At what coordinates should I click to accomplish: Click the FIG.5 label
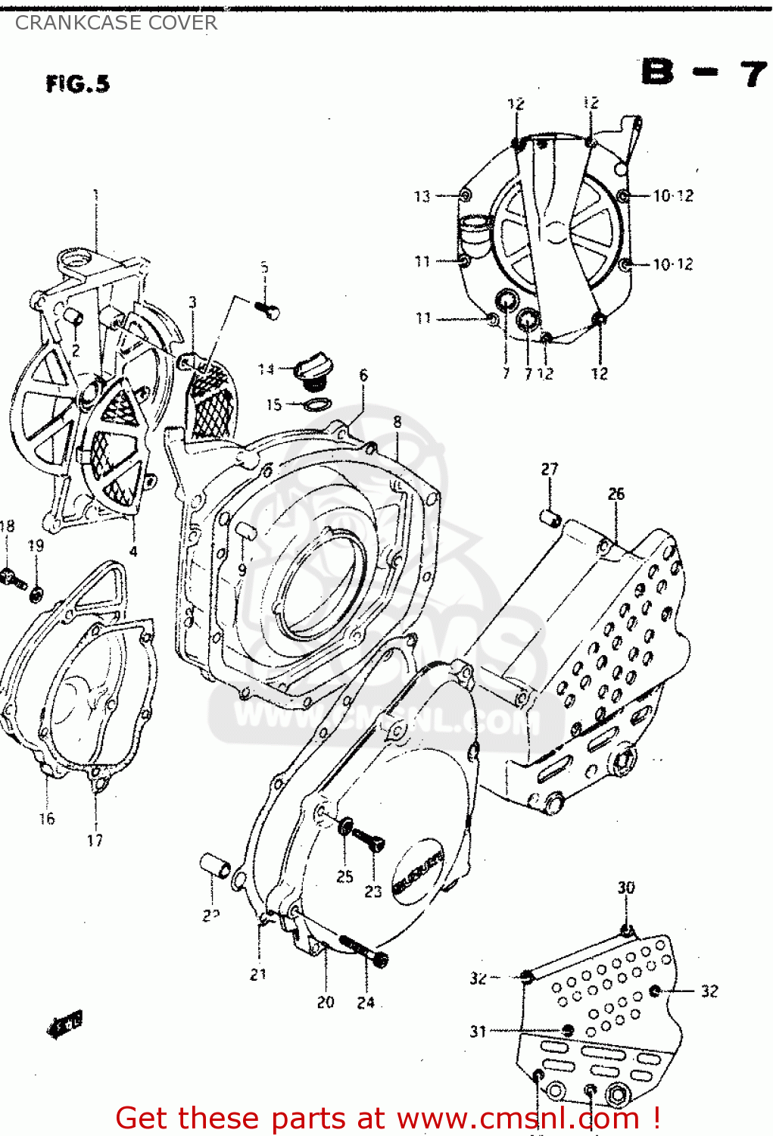coord(77,83)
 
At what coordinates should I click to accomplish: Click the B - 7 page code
coord(704,73)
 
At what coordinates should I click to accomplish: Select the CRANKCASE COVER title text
coord(116,23)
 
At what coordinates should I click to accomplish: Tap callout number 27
coord(550,470)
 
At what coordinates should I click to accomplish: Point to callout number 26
coord(616,494)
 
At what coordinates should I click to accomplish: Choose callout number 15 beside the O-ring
coord(273,404)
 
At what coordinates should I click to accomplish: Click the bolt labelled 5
coord(268,309)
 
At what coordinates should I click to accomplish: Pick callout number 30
coord(626,888)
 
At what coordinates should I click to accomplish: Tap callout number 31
coord(478,1031)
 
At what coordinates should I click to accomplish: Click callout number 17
coord(95,840)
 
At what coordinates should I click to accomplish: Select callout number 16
coord(47,818)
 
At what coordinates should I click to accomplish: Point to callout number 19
coord(36,545)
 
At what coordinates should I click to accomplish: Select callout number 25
coord(344,876)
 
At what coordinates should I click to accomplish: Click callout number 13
coord(422,196)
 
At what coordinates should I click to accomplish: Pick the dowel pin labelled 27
coord(550,519)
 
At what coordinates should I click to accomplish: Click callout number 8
coord(397,422)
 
